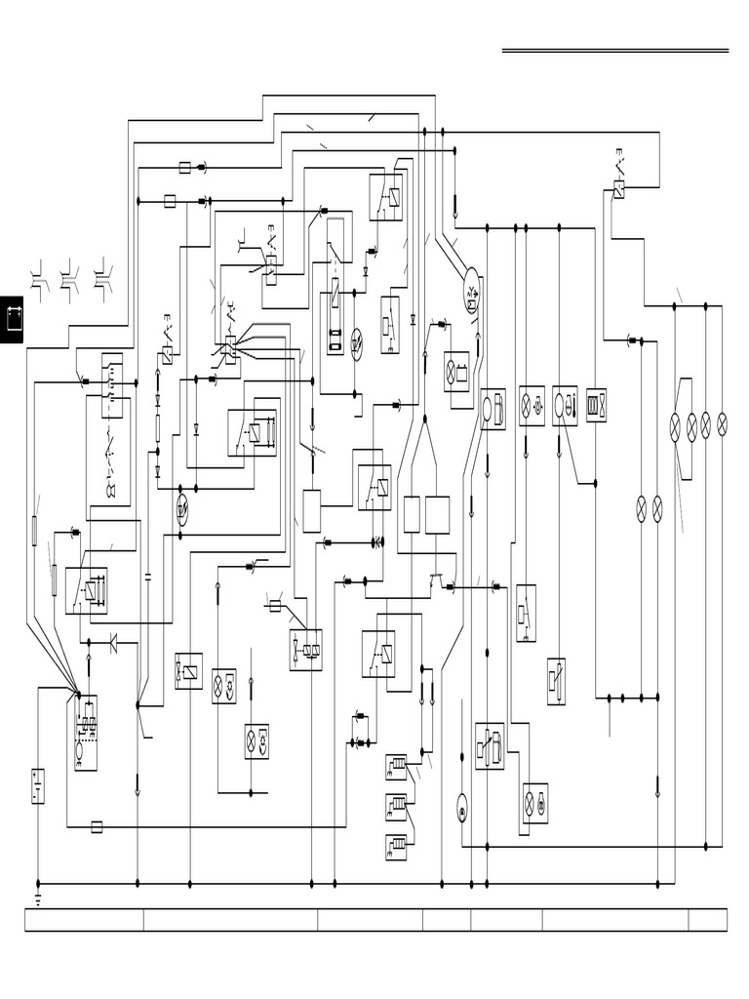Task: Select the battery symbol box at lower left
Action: (37, 786)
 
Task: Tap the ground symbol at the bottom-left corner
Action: (38, 894)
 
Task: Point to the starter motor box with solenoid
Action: (86, 732)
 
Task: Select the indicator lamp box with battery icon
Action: (456, 372)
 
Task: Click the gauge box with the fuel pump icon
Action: (493, 409)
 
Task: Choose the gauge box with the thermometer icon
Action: (565, 405)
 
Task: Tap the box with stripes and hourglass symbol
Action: (596, 404)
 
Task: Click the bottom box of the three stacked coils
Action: (396, 848)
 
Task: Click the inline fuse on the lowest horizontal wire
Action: (97, 827)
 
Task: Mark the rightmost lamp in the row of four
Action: (722, 424)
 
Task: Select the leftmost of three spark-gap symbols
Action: (39, 276)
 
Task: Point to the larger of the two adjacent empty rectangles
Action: (437, 514)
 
